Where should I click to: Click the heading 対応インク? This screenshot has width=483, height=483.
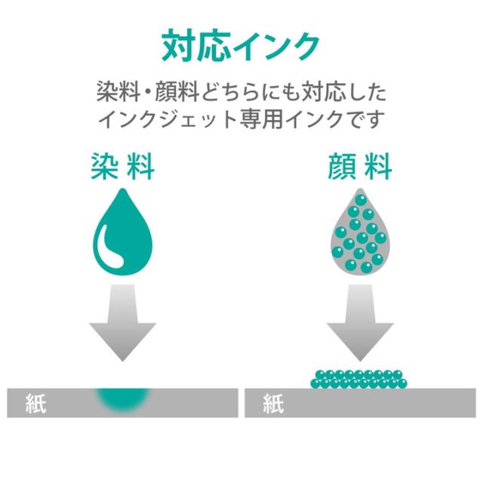pyautogui.click(x=241, y=47)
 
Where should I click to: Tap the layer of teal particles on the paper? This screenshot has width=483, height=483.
pyautogui.click(x=360, y=379)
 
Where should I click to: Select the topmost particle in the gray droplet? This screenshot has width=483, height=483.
pyautogui.click(x=361, y=199)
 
